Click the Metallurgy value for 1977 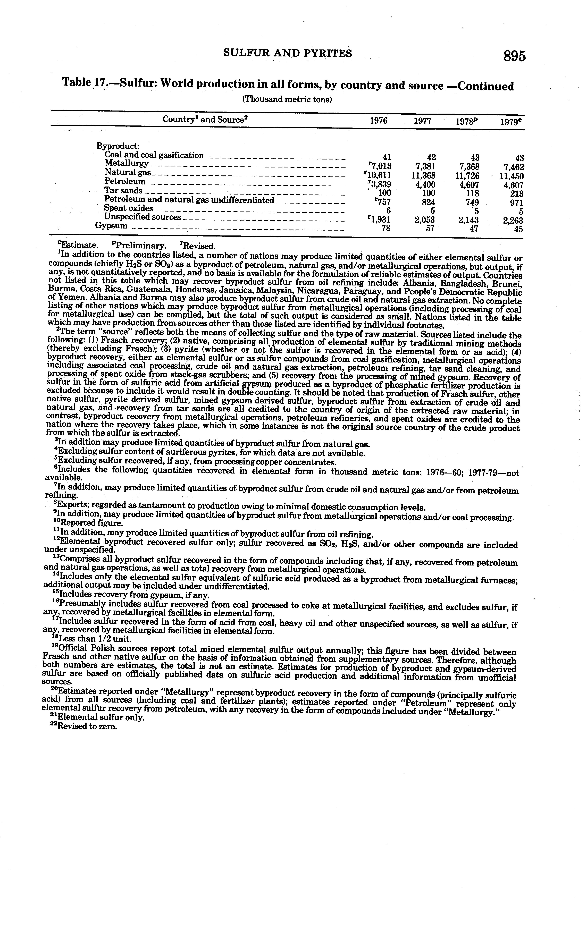(x=424, y=166)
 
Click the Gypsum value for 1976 (x=385, y=228)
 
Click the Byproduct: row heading (x=118, y=146)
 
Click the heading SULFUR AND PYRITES (x=288, y=53)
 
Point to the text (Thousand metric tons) (x=287, y=99)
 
